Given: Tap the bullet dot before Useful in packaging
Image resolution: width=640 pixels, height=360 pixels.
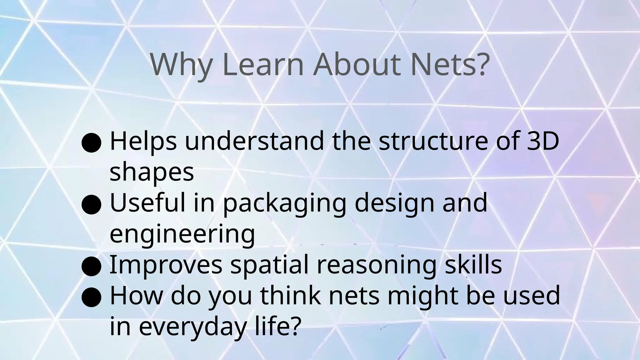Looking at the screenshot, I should point(91,204).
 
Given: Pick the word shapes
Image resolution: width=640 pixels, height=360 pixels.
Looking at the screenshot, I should point(152,173).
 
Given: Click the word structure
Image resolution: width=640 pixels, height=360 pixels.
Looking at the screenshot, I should point(433,141).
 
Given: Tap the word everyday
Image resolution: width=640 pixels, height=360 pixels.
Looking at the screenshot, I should point(191,327).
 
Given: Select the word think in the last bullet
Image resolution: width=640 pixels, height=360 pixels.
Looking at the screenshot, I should point(291,296).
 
